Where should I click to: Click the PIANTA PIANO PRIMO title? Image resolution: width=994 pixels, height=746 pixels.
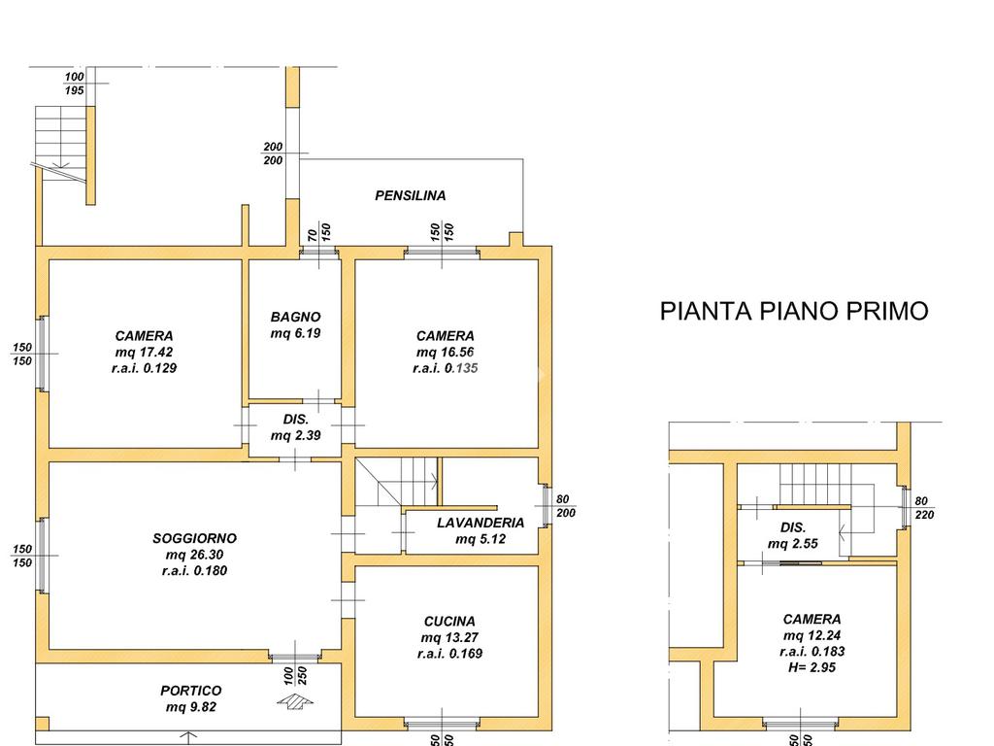pyautogui.click(x=794, y=311)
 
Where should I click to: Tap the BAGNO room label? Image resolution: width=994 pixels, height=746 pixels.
pyautogui.click(x=295, y=317)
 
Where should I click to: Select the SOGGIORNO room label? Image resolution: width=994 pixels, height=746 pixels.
pyautogui.click(x=194, y=538)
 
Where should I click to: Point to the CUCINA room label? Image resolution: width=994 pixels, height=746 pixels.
pyautogui.click(x=449, y=622)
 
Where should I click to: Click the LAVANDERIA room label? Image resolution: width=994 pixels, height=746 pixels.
pyautogui.click(x=480, y=523)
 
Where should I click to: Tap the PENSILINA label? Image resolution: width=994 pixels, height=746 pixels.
pyautogui.click(x=411, y=195)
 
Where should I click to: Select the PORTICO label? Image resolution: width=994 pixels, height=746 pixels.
pyautogui.click(x=191, y=691)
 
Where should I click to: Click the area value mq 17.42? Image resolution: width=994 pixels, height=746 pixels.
pyautogui.click(x=144, y=352)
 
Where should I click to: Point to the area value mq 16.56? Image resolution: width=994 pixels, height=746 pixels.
pyautogui.click(x=445, y=352)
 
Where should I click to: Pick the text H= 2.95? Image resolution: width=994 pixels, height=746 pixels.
pyautogui.click(x=812, y=667)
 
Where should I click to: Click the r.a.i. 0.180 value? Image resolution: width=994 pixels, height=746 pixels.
pyautogui.click(x=194, y=571)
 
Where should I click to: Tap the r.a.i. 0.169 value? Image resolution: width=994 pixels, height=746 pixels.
pyautogui.click(x=450, y=654)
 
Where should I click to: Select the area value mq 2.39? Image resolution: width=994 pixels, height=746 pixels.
pyautogui.click(x=295, y=436)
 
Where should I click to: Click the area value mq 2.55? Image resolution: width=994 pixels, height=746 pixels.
pyautogui.click(x=793, y=544)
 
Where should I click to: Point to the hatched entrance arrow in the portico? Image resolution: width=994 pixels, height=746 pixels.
pyautogui.click(x=295, y=701)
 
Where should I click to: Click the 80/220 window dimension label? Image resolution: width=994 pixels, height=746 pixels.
pyautogui.click(x=924, y=508)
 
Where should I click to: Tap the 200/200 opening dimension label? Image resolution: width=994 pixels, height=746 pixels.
pyautogui.click(x=273, y=153)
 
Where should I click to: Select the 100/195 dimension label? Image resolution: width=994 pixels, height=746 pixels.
pyautogui.click(x=74, y=84)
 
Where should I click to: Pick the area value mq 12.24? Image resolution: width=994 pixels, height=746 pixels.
pyautogui.click(x=812, y=635)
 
